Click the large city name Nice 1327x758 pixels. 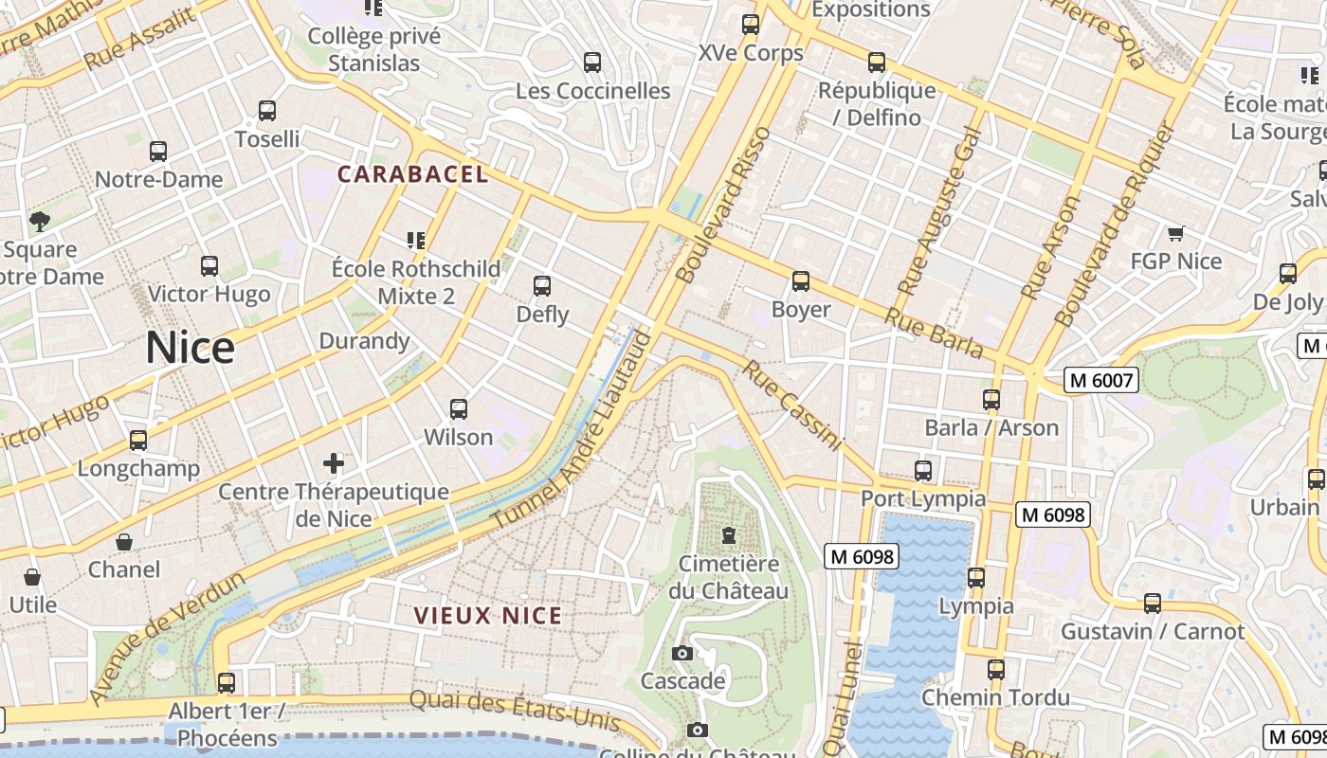(x=190, y=349)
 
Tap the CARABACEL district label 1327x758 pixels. (x=413, y=174)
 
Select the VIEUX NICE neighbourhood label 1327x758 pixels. (x=488, y=616)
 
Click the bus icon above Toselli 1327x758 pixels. (x=267, y=111)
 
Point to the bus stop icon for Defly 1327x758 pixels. (x=542, y=286)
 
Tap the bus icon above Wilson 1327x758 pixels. (x=459, y=409)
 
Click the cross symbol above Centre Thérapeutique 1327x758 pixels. (x=334, y=463)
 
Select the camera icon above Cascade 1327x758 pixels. (x=682, y=653)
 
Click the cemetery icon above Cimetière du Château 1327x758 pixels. (x=728, y=535)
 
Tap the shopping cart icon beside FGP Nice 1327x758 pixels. (x=1176, y=233)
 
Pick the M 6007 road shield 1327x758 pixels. (x=1100, y=380)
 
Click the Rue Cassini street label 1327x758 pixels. (x=791, y=406)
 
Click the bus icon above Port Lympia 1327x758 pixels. (x=923, y=471)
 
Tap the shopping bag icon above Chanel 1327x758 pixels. (x=124, y=542)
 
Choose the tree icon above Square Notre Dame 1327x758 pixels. (x=39, y=222)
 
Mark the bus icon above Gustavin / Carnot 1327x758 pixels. (x=1153, y=604)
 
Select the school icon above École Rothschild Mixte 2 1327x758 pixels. (x=415, y=241)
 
